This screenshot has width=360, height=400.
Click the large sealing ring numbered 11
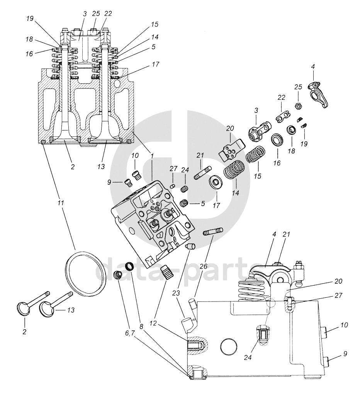click(85, 274)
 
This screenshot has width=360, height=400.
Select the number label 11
click(60, 203)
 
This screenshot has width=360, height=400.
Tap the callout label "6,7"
click(130, 333)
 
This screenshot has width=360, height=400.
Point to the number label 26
click(204, 266)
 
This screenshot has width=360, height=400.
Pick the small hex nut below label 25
click(297, 106)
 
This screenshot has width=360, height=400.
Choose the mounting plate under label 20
click(232, 150)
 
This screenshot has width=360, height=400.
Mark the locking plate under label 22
click(284, 117)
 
